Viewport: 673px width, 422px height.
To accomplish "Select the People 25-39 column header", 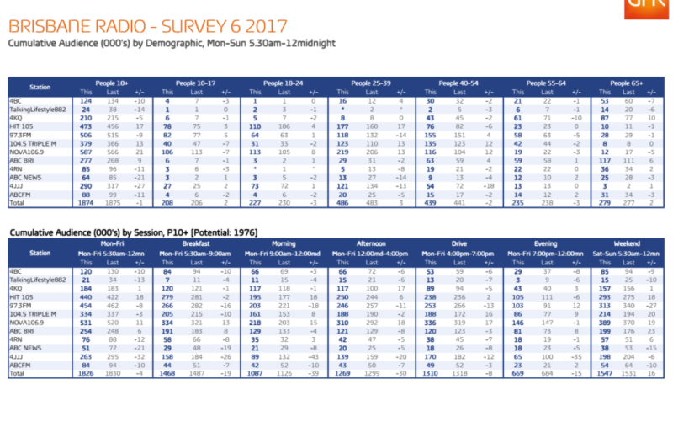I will (371, 84).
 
